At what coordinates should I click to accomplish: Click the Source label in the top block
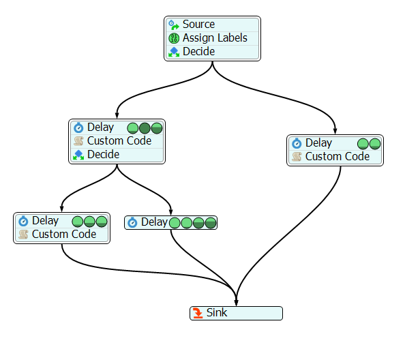click(198, 25)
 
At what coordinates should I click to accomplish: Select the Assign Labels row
click(212, 38)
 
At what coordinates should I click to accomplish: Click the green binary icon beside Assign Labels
click(174, 38)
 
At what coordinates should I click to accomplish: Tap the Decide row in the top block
click(212, 52)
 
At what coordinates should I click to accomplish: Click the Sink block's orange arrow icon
click(198, 313)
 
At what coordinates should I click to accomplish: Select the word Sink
click(217, 313)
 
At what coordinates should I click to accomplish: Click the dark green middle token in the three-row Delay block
click(145, 128)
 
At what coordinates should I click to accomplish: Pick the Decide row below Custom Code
click(117, 155)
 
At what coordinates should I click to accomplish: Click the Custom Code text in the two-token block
click(337, 157)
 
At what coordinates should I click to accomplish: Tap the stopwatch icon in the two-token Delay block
click(297, 143)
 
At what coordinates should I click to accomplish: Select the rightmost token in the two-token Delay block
click(375, 144)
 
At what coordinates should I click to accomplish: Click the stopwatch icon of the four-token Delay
click(132, 222)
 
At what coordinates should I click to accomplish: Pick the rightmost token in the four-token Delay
click(211, 223)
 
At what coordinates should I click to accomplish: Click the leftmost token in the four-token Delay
click(175, 223)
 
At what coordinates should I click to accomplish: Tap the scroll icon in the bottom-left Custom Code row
click(23, 235)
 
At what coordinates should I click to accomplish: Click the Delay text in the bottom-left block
click(45, 221)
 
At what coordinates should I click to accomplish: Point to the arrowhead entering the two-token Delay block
click(335, 131)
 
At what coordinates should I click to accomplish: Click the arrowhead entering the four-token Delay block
click(170, 212)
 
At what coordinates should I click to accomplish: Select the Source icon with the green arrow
click(174, 25)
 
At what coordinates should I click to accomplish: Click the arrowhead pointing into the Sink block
click(236, 303)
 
